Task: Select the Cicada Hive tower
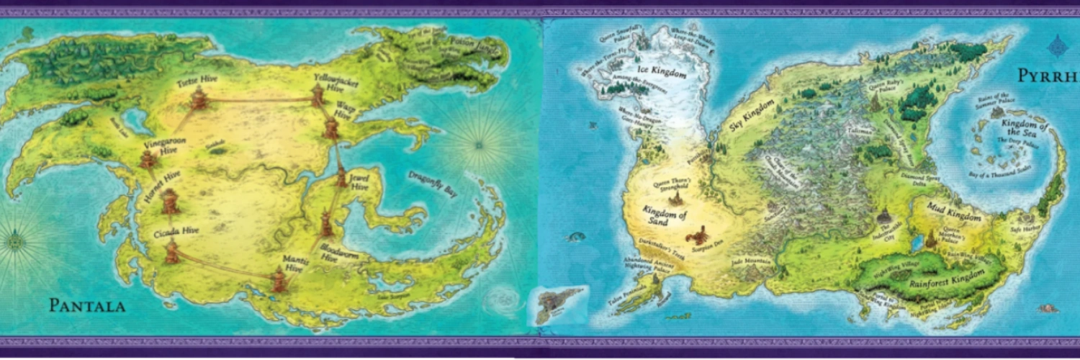tap(172, 251)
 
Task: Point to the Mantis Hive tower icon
tap(279, 279)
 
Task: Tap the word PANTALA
tap(87, 306)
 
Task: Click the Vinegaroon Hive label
tap(160, 137)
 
